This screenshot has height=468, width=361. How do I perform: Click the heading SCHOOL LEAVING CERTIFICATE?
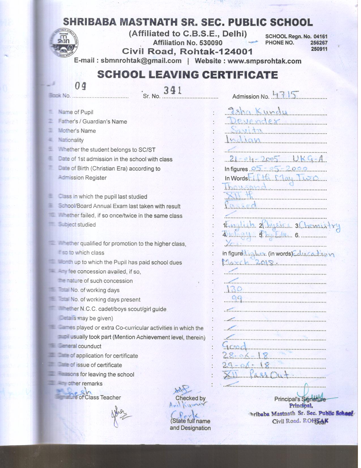(187, 75)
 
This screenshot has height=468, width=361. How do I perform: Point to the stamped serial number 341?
(172, 90)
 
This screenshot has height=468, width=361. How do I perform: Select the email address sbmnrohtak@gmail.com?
(141, 61)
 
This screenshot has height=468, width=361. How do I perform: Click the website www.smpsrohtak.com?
(264, 61)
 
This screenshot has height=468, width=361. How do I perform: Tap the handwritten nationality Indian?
(243, 140)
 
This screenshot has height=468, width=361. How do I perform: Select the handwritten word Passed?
(241, 205)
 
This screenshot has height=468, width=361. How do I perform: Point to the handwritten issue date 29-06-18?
(245, 364)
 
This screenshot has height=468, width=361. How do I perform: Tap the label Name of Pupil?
(76, 112)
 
